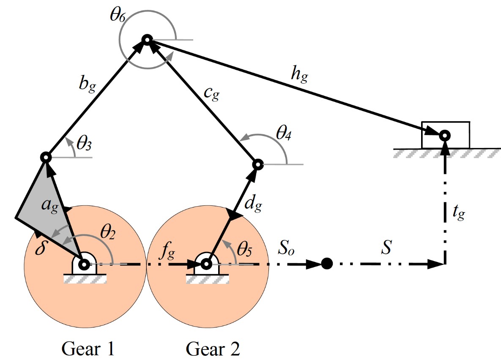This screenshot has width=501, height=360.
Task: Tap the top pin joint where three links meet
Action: (x=147, y=40)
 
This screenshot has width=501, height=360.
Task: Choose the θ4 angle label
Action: (x=285, y=137)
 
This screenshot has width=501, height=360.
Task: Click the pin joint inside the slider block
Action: (x=444, y=136)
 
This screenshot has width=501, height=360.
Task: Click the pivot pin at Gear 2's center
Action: (x=206, y=265)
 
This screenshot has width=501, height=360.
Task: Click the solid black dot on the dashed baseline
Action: (x=326, y=264)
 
